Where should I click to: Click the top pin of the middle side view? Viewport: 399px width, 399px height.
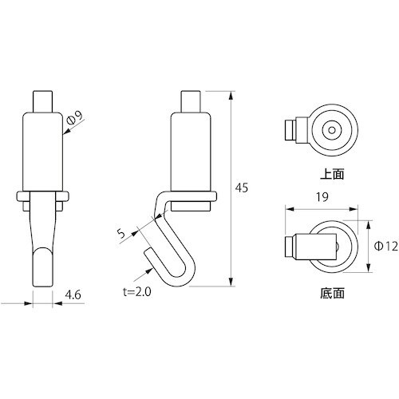pyautogui.click(x=192, y=102)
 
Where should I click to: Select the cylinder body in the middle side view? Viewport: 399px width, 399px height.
pyautogui.click(x=192, y=152)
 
